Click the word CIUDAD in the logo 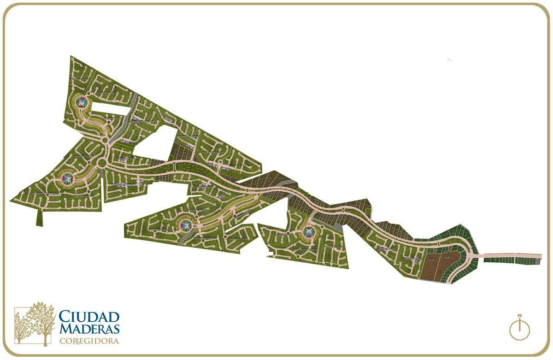click(89, 317)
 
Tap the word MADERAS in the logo click(89, 328)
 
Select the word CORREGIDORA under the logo click(89, 341)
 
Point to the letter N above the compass click(519, 316)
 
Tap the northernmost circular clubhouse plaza click(82, 101)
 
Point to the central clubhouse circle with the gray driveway click(185, 225)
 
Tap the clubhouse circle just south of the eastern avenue click(307, 232)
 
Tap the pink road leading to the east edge click(512, 255)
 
